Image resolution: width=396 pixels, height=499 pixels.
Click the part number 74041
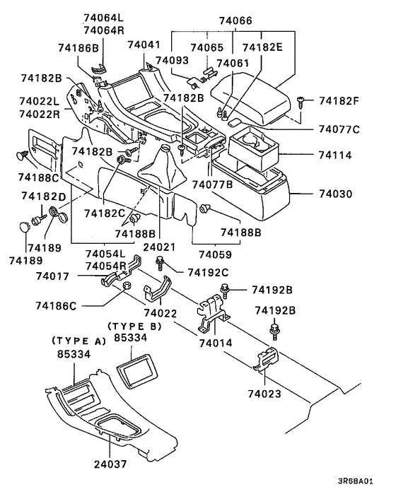pos(144,45)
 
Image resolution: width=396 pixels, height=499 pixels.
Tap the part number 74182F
pos(339,101)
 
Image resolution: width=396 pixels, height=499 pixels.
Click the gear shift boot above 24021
pos(160,172)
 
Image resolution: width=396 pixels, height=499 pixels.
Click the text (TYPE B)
pos(134,326)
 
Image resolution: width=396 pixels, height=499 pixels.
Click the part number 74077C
pos(339,129)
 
